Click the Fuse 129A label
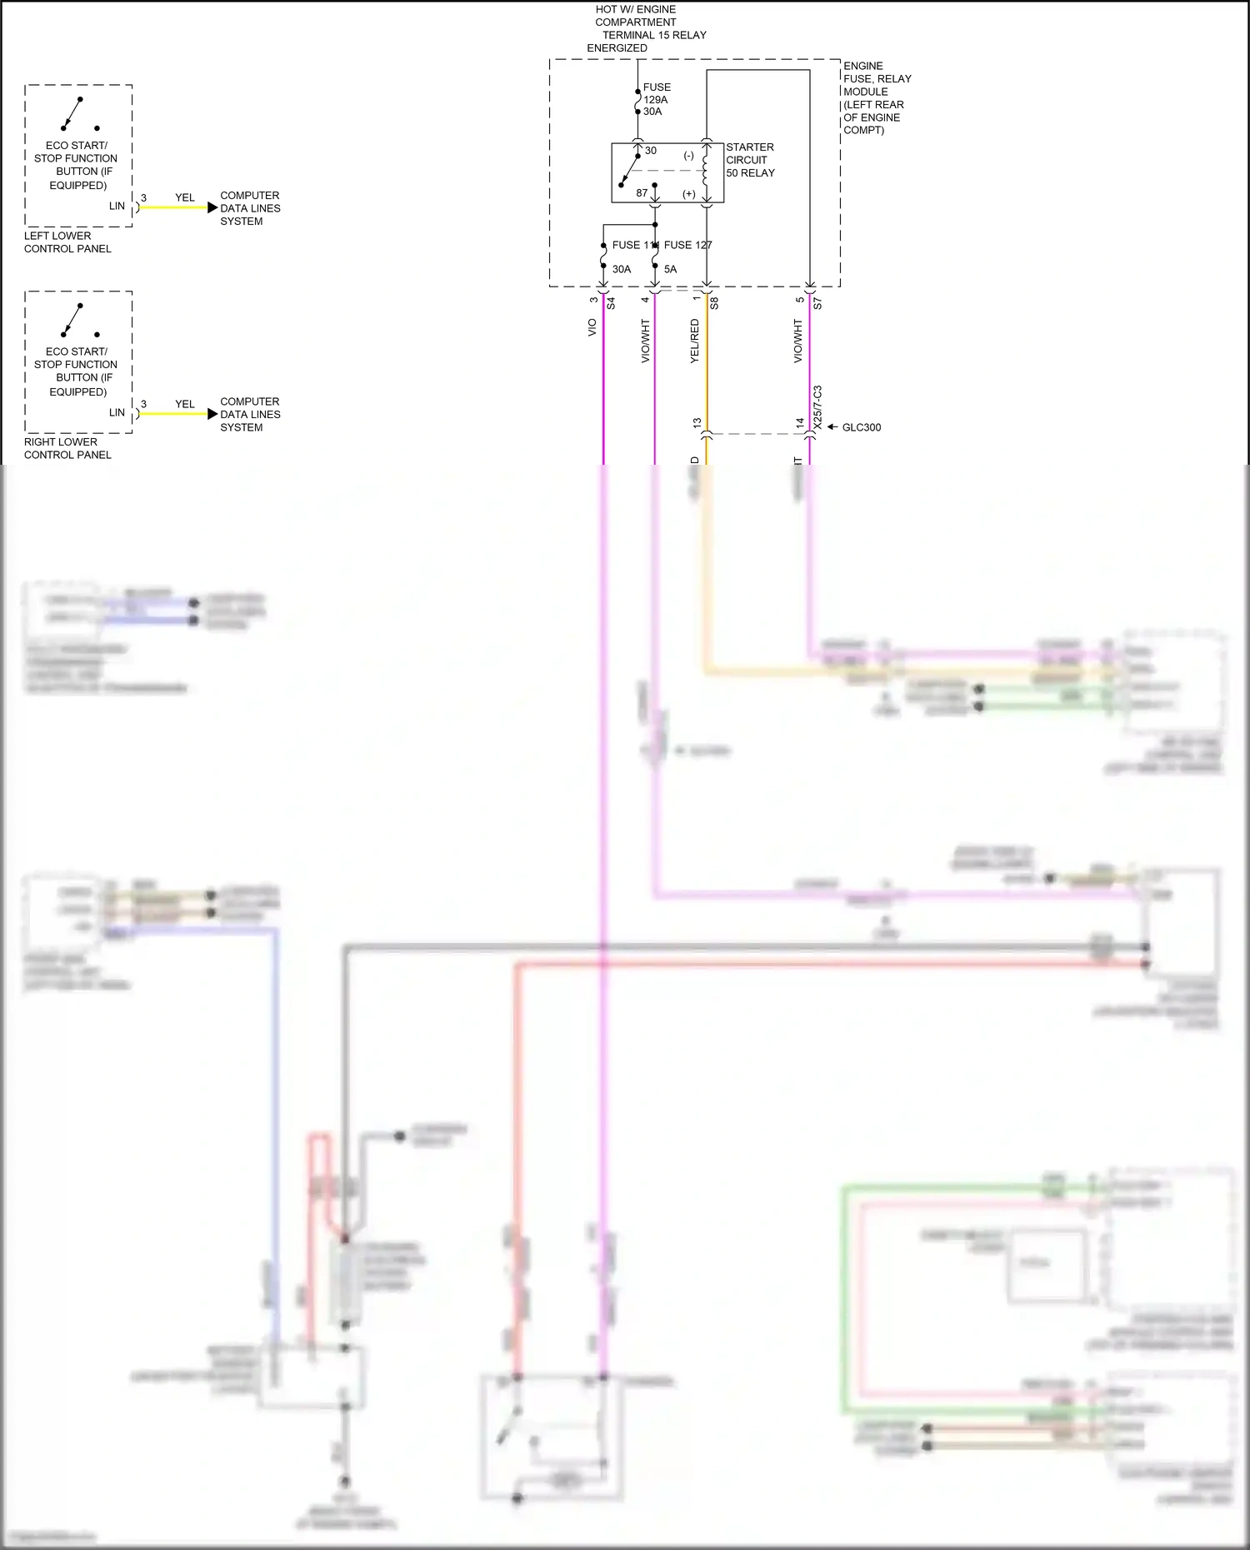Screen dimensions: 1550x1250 (656, 99)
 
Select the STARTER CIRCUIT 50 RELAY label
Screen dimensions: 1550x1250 (750, 160)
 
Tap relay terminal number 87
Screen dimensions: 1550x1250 (642, 193)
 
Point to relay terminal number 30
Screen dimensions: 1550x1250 (651, 151)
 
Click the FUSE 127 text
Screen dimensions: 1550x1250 (687, 245)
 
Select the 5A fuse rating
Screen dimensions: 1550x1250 (671, 269)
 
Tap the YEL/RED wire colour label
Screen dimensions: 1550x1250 (695, 341)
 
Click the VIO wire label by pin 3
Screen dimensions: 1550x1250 (592, 327)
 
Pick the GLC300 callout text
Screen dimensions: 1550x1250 (861, 427)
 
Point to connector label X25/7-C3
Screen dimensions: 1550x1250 (817, 407)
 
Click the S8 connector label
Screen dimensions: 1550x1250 (714, 303)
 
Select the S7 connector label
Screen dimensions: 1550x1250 (817, 303)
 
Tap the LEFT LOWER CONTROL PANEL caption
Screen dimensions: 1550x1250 (67, 242)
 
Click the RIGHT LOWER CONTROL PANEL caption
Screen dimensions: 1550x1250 (67, 448)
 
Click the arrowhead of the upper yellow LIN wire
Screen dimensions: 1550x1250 (212, 207)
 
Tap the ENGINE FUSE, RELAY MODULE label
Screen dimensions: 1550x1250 (877, 97)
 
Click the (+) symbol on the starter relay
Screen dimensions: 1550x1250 (689, 194)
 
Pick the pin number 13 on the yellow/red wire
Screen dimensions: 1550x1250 (697, 423)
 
